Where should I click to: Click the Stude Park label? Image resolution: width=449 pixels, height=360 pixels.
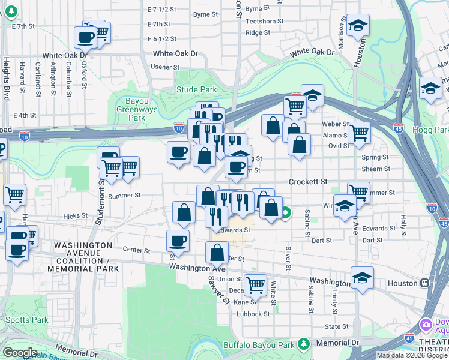(196, 90)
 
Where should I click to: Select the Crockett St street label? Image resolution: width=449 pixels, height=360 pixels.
(308, 181)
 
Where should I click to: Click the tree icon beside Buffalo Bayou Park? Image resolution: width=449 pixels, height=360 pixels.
(304, 344)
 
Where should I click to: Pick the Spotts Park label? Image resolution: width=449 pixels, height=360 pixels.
(24, 320)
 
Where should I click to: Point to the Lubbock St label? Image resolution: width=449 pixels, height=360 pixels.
(253, 314)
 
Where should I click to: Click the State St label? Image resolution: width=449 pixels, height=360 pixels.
(336, 327)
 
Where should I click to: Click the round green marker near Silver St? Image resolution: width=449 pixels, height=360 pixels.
(287, 212)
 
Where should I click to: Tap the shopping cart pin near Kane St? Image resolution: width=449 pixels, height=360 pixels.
(255, 285)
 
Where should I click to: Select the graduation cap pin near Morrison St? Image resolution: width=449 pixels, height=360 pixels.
(358, 26)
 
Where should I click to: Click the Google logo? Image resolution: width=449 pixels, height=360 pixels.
(20, 353)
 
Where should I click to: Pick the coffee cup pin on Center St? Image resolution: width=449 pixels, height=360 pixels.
(178, 241)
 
